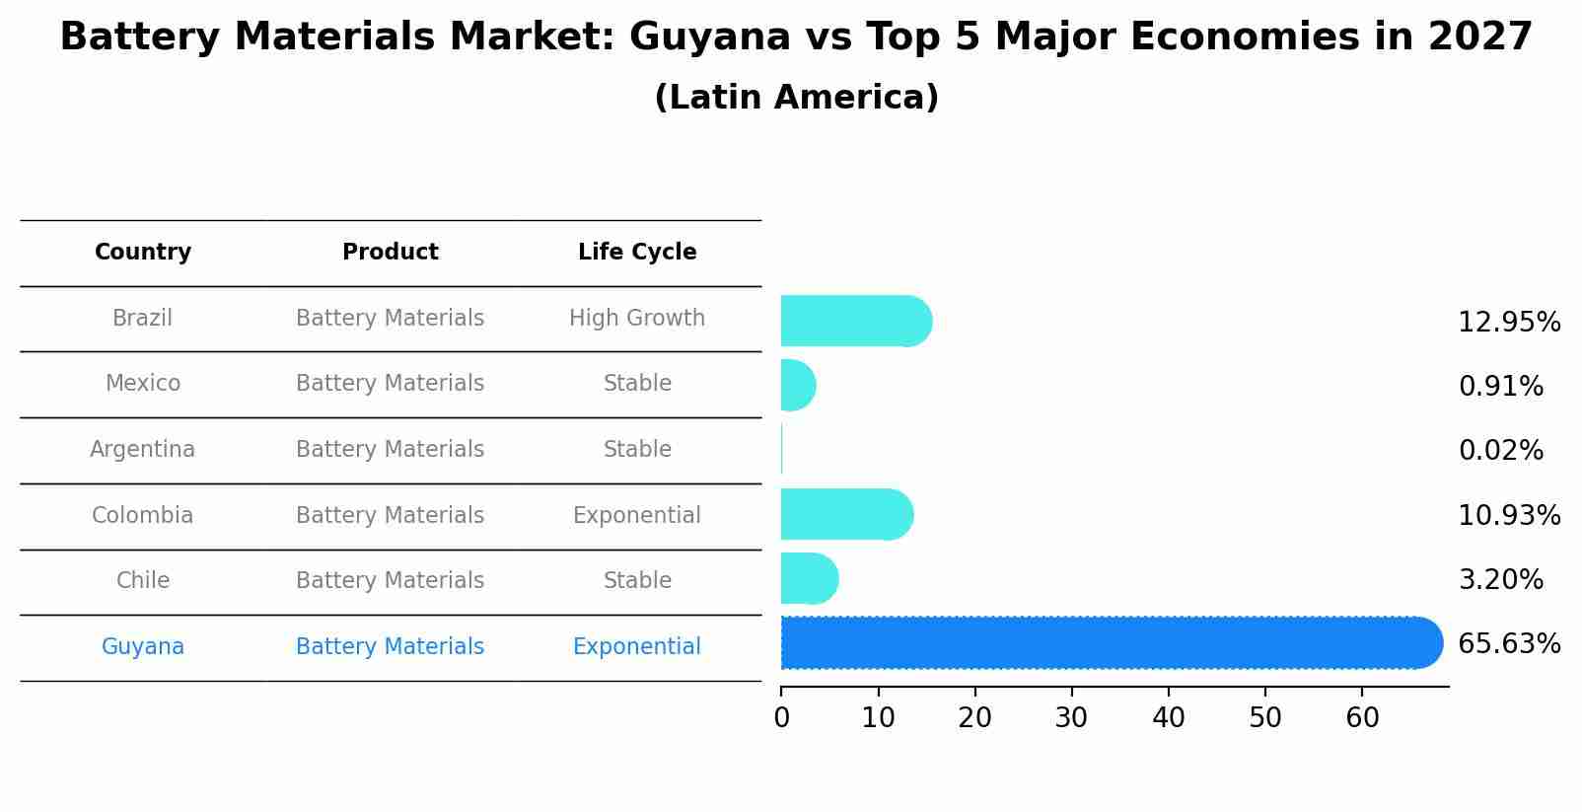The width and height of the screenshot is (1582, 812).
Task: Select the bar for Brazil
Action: (x=854, y=322)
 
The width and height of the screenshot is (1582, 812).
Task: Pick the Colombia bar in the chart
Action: (x=845, y=515)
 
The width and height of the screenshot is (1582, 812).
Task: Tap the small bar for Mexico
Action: (x=797, y=385)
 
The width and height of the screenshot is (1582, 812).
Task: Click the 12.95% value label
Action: (x=1508, y=323)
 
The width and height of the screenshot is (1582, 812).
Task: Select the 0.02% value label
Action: (x=1500, y=451)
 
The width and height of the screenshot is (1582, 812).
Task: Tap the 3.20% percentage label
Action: (x=1500, y=580)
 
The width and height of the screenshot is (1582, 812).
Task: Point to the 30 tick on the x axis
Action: (x=1071, y=718)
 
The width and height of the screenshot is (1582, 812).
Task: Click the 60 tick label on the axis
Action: (x=1362, y=718)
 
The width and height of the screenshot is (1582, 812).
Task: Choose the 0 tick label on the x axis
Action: (x=781, y=718)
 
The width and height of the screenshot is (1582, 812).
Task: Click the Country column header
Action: (x=143, y=253)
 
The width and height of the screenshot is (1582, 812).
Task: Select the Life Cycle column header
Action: (x=637, y=253)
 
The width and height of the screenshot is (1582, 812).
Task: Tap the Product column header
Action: (x=390, y=253)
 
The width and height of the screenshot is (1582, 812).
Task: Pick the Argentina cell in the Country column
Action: (x=143, y=450)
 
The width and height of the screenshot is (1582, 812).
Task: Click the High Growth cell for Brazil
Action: (x=637, y=319)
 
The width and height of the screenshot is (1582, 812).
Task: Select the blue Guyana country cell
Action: (x=143, y=647)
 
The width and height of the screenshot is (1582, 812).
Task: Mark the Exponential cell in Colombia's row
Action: (x=637, y=516)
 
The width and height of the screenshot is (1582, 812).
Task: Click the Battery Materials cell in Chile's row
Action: (x=390, y=581)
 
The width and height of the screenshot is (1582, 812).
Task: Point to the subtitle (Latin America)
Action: (x=796, y=98)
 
